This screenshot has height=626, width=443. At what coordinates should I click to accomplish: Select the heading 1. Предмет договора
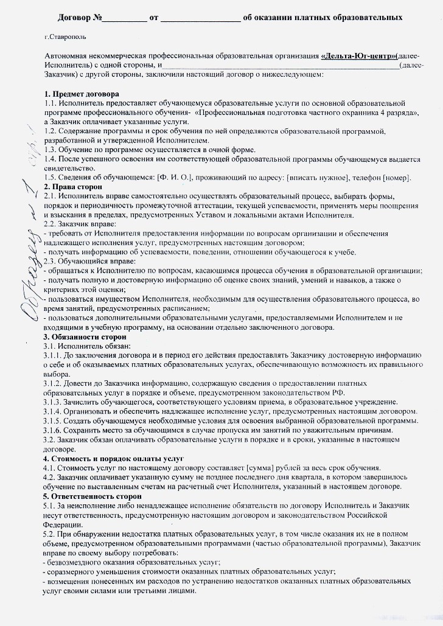coord(82,95)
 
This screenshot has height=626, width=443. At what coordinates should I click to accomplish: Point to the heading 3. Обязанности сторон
coord(85,336)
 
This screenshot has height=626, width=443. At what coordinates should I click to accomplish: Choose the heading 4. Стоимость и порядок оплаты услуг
coord(114,457)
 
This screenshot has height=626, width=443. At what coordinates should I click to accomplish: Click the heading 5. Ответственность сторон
coord(85,496)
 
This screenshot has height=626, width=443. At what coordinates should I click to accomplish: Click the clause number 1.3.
coord(51,150)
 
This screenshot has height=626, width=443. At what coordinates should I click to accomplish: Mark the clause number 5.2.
coord(51,534)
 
